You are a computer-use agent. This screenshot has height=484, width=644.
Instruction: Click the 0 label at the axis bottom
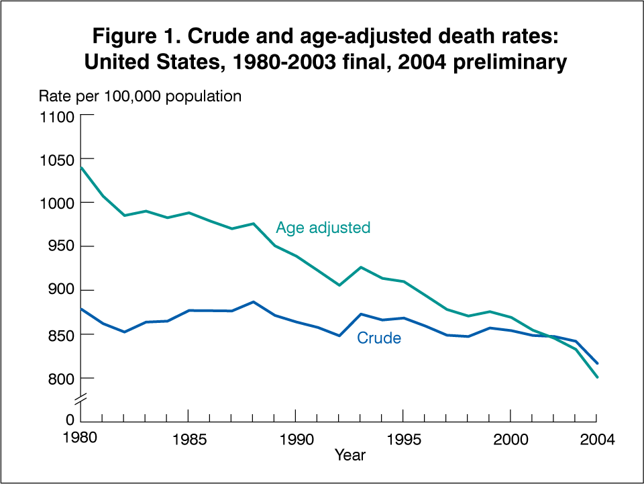coord(69,420)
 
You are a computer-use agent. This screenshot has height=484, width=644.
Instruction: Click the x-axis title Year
coord(350,456)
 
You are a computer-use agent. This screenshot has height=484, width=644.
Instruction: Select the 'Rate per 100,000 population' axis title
coord(140,97)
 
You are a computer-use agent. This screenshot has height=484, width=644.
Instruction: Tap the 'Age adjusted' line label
coord(323,228)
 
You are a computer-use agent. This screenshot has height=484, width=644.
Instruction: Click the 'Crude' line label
coord(379,338)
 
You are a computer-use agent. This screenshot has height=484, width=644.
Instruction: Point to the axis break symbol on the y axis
coord(82,401)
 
